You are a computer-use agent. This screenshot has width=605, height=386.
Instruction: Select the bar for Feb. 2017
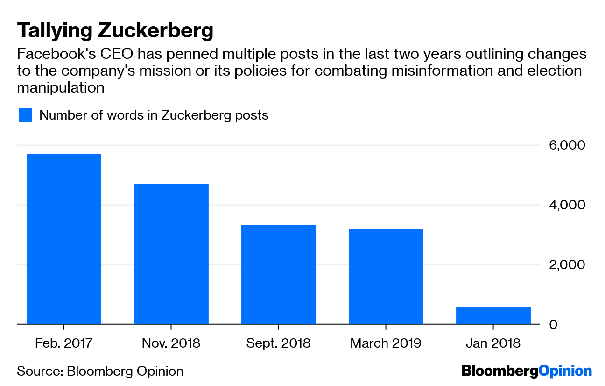(64, 239)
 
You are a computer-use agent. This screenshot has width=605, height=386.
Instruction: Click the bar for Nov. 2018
(171, 254)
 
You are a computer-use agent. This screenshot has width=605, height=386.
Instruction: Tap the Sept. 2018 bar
(279, 274)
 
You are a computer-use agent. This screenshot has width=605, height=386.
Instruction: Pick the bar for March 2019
(386, 276)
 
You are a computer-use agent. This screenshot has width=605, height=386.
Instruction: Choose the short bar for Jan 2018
(493, 315)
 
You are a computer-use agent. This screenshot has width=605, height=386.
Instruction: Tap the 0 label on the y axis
(553, 324)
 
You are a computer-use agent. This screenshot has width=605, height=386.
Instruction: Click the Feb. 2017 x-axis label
(64, 343)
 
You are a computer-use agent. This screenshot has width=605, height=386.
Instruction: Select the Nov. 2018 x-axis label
(171, 343)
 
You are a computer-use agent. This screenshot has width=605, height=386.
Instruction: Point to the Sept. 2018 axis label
(279, 343)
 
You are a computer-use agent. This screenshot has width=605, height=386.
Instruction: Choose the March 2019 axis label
(386, 343)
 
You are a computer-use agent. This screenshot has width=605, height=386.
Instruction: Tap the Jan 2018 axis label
(493, 343)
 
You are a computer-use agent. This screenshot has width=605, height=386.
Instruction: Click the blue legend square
(25, 115)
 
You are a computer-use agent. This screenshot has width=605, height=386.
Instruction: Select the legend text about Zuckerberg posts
(154, 115)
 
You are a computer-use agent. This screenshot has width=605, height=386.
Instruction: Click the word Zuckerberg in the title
(156, 31)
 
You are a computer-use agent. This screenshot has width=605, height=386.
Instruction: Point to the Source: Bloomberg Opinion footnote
(100, 371)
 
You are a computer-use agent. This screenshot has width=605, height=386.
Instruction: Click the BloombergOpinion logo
(527, 371)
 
